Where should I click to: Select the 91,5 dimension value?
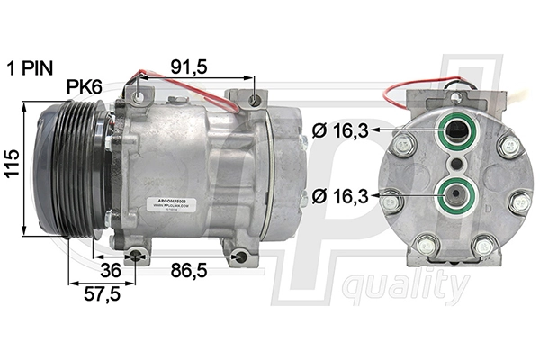[x=189, y=67]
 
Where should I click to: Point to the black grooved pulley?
[x=72, y=170]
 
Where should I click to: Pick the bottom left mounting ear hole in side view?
[x=135, y=258]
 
